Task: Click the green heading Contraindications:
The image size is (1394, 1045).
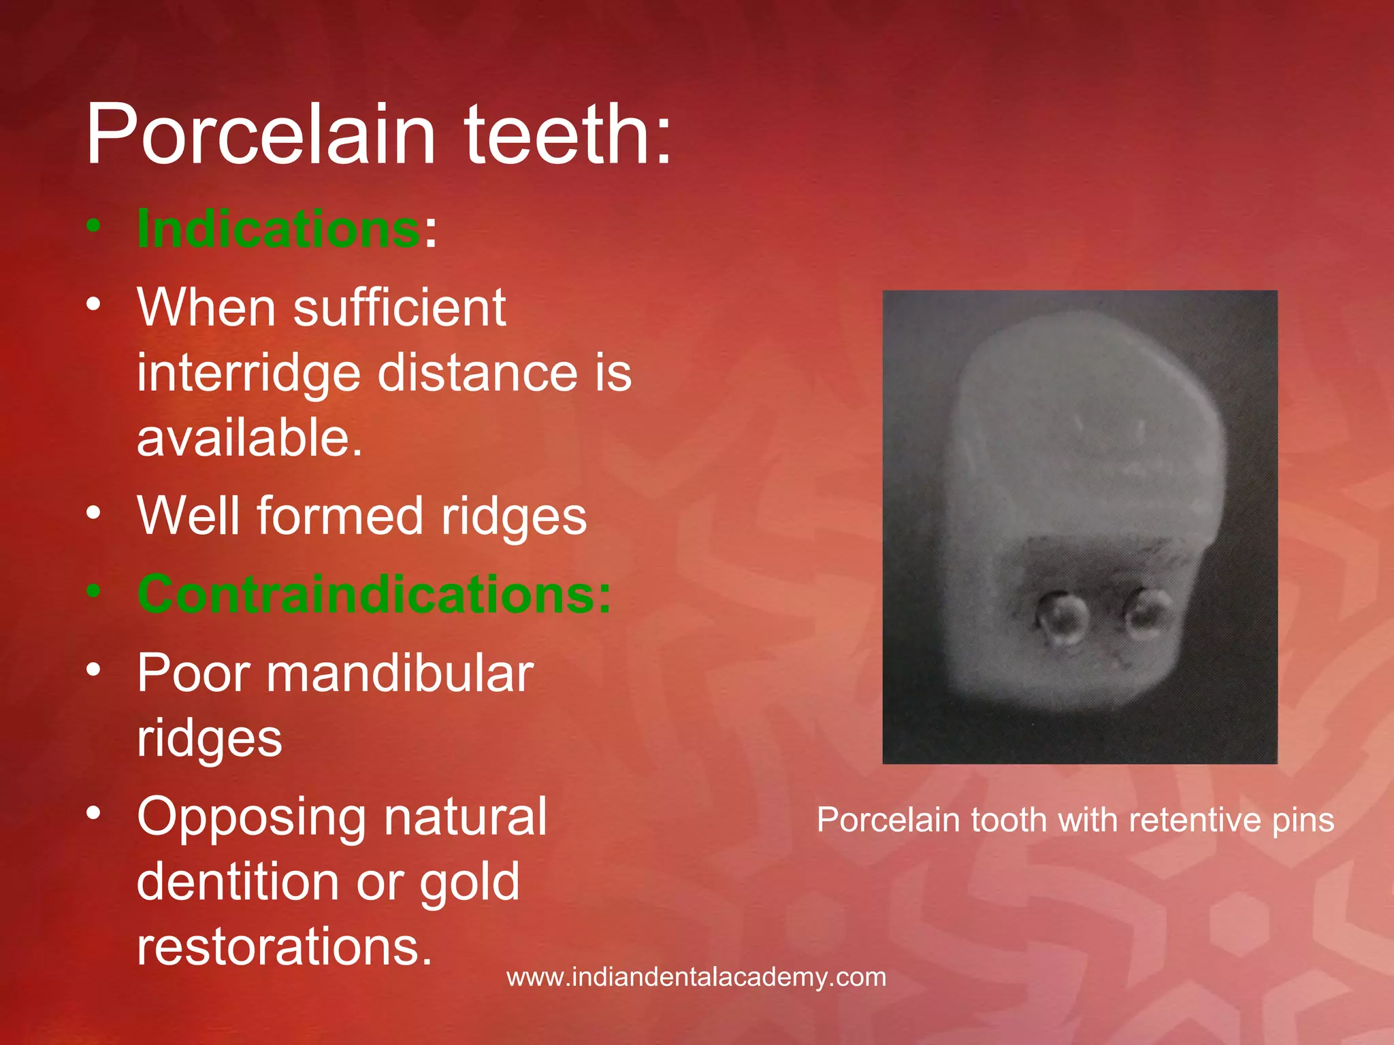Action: pos(374,595)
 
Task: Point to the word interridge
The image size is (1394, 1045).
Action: pos(248,374)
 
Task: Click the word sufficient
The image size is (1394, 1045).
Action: pos(400,308)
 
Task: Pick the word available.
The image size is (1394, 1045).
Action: pos(250,437)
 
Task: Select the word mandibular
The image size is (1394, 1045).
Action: pos(400,674)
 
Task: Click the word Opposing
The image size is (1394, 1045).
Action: pos(251,818)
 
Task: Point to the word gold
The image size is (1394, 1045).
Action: pos(469,882)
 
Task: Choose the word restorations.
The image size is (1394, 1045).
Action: pos(285,946)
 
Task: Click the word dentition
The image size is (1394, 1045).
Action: pos(238,882)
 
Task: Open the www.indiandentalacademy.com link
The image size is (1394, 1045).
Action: pos(696,978)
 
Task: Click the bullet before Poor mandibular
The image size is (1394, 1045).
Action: pos(94,669)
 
